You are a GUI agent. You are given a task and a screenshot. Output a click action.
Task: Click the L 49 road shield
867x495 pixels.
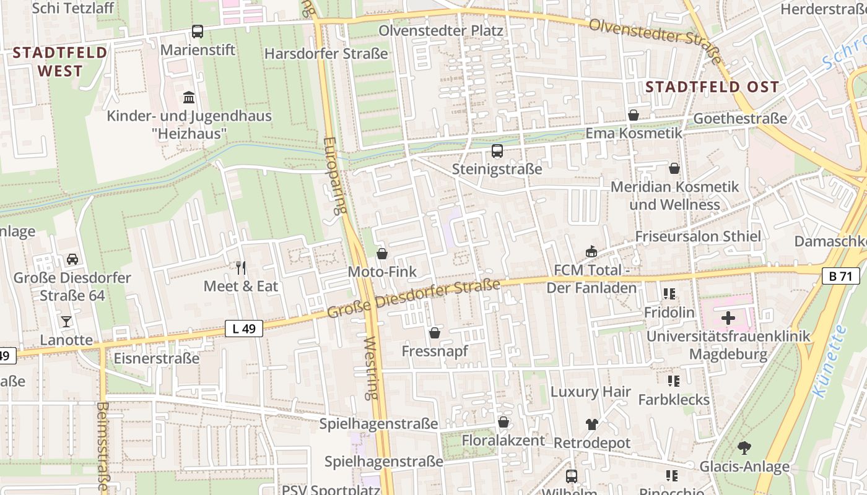[x=244, y=329]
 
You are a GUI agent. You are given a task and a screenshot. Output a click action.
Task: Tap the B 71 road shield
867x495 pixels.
[x=840, y=276]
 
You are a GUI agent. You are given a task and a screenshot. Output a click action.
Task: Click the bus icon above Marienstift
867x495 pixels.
[x=198, y=31]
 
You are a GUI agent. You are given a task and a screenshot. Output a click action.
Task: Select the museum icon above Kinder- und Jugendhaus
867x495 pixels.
[x=189, y=98]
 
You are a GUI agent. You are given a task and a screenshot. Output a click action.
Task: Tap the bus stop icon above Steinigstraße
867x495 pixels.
[x=497, y=151]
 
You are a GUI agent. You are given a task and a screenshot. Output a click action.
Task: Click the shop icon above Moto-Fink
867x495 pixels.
[x=382, y=254]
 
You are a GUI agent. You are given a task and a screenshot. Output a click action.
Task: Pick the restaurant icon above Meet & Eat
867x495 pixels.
[x=241, y=268]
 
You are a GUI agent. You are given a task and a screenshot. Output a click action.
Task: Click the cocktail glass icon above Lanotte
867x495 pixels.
[x=66, y=321]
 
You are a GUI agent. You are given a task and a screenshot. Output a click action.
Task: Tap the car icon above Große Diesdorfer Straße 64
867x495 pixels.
[x=72, y=259]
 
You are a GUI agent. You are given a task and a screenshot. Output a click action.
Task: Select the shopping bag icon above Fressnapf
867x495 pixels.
[x=435, y=333]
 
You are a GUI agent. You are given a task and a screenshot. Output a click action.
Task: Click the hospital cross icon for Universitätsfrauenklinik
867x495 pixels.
[x=728, y=318]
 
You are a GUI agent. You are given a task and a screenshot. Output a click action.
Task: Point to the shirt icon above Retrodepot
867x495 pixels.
[x=591, y=424]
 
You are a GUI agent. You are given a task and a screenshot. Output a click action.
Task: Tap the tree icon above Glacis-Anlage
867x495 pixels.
[x=744, y=447]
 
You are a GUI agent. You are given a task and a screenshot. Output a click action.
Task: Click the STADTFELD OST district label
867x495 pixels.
[x=712, y=87]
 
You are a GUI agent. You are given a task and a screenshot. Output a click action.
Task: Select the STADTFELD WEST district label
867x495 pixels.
[x=60, y=61]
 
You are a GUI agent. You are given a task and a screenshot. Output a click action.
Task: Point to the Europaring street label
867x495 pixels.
[x=334, y=176]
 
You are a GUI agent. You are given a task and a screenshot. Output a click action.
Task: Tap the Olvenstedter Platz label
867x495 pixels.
[x=441, y=30]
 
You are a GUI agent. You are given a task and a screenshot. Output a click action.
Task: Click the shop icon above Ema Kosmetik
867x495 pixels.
[x=633, y=115]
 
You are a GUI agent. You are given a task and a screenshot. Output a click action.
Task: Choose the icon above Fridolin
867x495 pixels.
[x=669, y=294]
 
